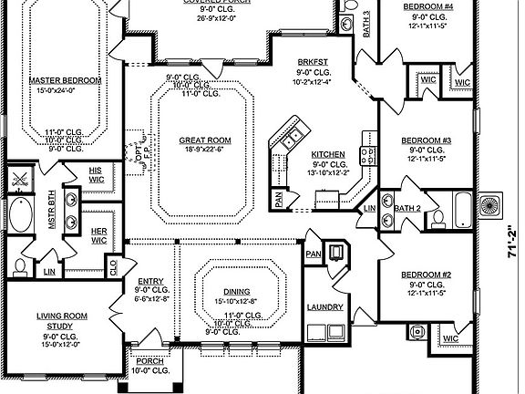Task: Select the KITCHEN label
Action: (x=328, y=154)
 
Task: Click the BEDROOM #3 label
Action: (x=427, y=140)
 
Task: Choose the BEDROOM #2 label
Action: (x=427, y=275)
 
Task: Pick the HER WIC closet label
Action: (x=98, y=235)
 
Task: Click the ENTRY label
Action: (x=150, y=282)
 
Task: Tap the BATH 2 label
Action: (x=408, y=209)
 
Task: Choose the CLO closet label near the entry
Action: (x=113, y=267)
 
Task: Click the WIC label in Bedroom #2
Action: (x=450, y=339)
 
